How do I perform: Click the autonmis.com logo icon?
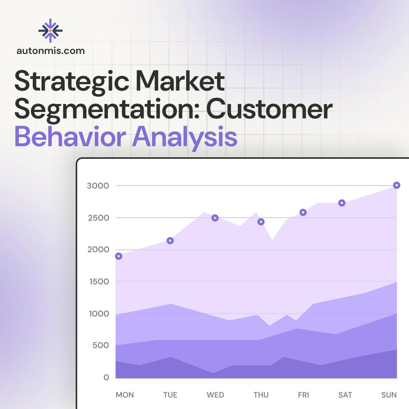(50, 30)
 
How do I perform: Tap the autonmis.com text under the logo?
(51, 51)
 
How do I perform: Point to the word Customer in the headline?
(269, 110)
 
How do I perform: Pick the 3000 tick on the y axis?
(98, 186)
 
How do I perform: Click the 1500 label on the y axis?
(98, 282)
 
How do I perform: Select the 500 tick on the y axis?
(101, 345)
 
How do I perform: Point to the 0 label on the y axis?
(106, 377)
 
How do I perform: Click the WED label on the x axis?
(215, 395)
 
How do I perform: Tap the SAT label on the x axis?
(345, 395)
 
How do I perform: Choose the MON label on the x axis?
(125, 395)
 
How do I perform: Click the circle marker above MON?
(118, 256)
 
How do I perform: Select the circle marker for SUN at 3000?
(396, 185)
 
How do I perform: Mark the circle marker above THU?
(261, 222)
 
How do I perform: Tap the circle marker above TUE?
(170, 241)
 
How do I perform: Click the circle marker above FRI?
(303, 212)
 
